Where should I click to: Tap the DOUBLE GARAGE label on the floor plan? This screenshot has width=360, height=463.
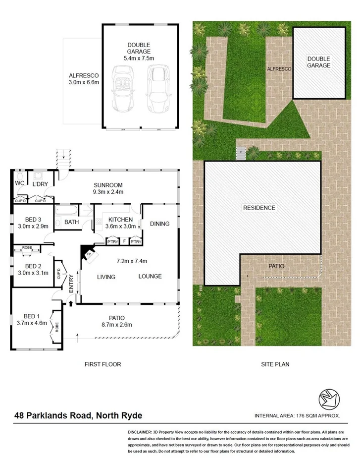click(x=137, y=48)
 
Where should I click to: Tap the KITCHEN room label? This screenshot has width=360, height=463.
click(x=120, y=220)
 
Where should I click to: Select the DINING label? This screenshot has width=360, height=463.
click(x=159, y=224)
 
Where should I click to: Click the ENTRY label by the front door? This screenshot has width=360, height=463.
click(x=71, y=284)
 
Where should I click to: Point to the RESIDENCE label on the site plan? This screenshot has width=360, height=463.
click(x=259, y=208)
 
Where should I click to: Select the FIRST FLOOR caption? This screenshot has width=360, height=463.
click(x=103, y=364)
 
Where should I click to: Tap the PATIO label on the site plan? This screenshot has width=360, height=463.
click(x=277, y=266)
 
